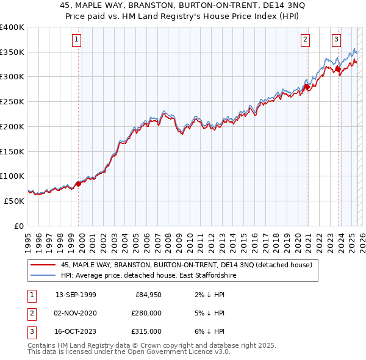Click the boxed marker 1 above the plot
point(77,40)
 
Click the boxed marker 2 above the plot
point(305,40)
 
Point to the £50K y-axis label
point(15,201)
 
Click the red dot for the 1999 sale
point(78,183)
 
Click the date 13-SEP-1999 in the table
point(76,295)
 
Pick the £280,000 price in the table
point(146,313)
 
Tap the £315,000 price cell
point(146,331)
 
